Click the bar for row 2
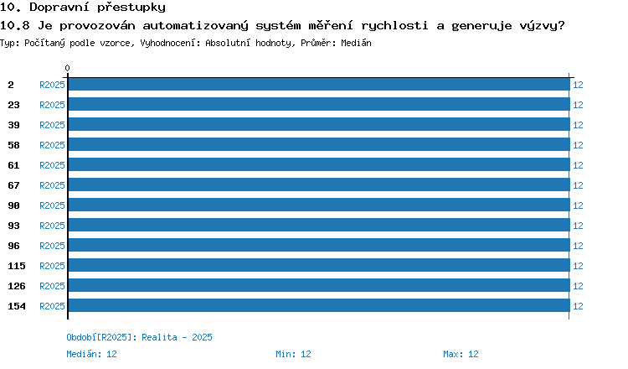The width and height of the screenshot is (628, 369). (319, 84)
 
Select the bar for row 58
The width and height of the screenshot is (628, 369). (319, 144)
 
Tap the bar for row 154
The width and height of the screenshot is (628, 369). (319, 305)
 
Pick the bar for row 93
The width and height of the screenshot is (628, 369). (319, 225)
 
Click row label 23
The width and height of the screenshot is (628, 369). (13, 105)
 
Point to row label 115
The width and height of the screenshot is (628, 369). (17, 266)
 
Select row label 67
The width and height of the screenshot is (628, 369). (13, 185)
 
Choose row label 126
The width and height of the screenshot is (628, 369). (17, 286)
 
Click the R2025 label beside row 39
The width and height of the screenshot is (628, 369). (52, 125)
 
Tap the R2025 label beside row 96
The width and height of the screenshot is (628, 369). (52, 246)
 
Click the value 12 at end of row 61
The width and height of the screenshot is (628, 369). (578, 165)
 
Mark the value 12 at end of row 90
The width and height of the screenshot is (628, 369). (578, 205)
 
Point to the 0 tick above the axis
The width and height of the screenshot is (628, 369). (67, 68)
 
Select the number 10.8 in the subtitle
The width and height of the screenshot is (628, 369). (15, 26)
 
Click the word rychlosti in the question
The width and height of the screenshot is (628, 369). (394, 26)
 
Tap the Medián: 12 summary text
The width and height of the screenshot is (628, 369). (92, 354)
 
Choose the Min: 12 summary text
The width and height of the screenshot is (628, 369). (293, 354)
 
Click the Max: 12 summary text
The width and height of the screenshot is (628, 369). (461, 354)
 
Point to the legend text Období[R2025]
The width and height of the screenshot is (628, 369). (99, 337)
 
